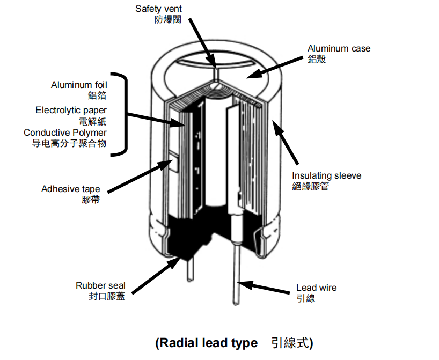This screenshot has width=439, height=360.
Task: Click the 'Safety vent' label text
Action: tap(159, 9)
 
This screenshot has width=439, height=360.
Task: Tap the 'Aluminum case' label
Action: tap(339, 49)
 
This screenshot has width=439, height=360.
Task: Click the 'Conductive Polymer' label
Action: tap(65, 133)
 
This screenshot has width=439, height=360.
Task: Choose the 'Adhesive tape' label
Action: tap(70, 189)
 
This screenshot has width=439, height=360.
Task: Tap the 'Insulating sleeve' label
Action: tap(326, 175)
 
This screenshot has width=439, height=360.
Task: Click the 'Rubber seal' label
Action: tap(100, 286)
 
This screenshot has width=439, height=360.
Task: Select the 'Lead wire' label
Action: tap(317, 288)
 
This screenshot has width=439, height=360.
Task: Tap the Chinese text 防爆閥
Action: tap(165, 19)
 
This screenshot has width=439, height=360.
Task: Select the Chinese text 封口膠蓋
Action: tap(107, 296)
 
